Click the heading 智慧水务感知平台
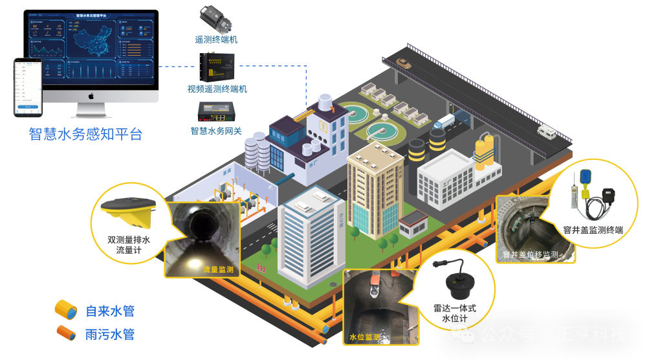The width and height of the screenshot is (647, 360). click(x=85, y=134)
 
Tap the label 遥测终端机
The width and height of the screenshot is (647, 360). click(x=216, y=39)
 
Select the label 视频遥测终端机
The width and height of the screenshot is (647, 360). click(x=217, y=89)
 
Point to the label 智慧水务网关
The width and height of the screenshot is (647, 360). click(x=216, y=131)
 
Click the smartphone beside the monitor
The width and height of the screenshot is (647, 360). click(x=28, y=87)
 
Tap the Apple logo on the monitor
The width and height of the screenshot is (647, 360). click(x=92, y=96)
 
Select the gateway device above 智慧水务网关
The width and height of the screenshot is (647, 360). click(x=217, y=113)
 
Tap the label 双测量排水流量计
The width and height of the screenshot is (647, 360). click(x=129, y=245)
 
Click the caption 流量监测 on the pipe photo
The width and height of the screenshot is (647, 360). click(x=218, y=269)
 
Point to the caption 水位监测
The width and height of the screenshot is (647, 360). click(x=365, y=337)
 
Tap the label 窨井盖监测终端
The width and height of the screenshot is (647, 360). click(x=593, y=229)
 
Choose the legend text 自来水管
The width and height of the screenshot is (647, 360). click(x=110, y=311)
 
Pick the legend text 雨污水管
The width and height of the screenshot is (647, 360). click(x=110, y=334)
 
